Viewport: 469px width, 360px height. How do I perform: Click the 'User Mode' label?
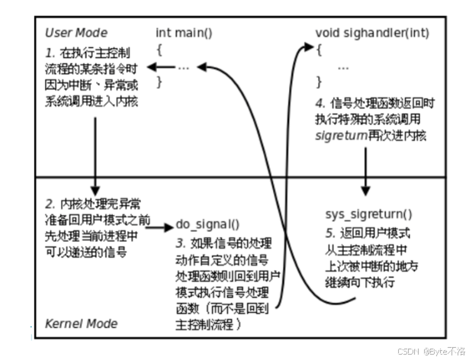75,33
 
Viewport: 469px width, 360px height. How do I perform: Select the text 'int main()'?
185,33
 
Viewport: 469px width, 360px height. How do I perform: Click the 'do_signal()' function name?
207,225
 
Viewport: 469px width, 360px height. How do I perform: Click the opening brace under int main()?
159,50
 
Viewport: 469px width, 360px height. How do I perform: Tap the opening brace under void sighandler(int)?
319,50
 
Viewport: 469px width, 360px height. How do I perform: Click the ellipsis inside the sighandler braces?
343,66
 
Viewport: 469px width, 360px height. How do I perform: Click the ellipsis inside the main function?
183,66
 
